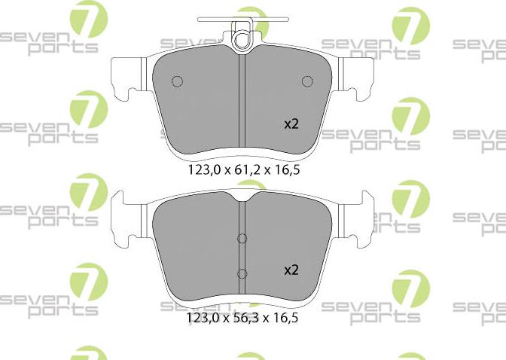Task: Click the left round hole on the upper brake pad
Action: coord(178,81)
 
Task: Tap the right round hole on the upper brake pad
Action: coord(306,81)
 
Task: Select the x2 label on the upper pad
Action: coord(291,124)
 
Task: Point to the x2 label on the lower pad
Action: coord(291,269)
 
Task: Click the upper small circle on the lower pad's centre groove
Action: coord(242,239)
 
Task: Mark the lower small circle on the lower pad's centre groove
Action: coord(242,273)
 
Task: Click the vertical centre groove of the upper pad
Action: coord(242,105)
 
